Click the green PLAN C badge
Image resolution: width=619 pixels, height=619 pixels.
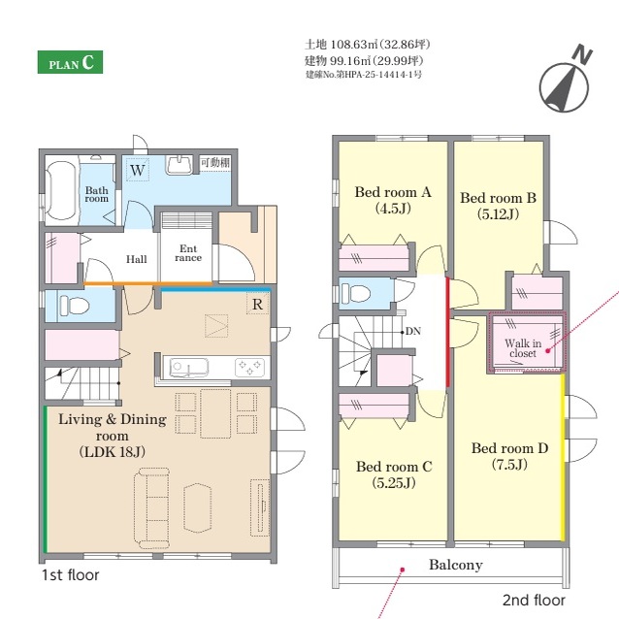(x=70, y=62)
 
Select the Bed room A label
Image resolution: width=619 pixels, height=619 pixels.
(x=393, y=200)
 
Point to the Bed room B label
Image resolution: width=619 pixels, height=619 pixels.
(x=498, y=206)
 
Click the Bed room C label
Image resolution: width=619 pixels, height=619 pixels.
(x=394, y=474)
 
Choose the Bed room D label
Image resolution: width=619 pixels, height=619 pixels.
(x=509, y=456)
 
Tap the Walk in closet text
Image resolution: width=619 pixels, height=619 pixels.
(x=523, y=348)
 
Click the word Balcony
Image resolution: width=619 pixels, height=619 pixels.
(x=456, y=565)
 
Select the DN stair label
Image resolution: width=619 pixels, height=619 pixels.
(x=413, y=331)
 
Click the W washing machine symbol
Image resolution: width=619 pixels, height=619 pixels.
(x=138, y=170)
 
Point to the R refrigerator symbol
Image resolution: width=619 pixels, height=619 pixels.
(x=257, y=304)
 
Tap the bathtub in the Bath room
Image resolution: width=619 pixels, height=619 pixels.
(x=61, y=190)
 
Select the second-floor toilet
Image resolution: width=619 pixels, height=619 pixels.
(x=356, y=293)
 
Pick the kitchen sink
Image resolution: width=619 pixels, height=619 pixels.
(x=188, y=368)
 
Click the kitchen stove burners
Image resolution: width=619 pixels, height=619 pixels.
(x=250, y=367)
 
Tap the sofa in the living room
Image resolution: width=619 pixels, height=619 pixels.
(x=152, y=508)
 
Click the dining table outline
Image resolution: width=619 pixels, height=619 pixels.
(x=215, y=413)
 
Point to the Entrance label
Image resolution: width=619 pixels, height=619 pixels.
(x=188, y=253)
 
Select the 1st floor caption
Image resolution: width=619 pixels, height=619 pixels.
(x=70, y=574)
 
